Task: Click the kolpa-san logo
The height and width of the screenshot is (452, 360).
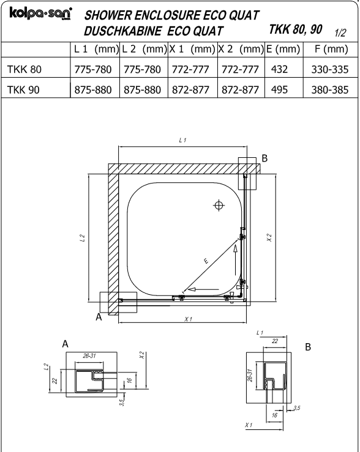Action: (x=40, y=13)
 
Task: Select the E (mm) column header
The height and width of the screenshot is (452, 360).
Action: (x=283, y=49)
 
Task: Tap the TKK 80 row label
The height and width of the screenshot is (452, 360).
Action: (x=24, y=69)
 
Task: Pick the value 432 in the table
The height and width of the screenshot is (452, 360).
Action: (x=279, y=69)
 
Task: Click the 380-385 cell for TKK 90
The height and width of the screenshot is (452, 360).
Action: (x=330, y=90)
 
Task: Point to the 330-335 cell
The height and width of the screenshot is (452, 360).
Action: (x=330, y=70)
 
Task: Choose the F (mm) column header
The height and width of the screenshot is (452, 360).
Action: (x=331, y=49)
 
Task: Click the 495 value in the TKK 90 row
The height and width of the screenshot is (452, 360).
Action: (x=279, y=90)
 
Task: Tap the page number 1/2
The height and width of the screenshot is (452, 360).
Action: (x=340, y=33)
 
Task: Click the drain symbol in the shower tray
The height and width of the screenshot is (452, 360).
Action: (x=219, y=206)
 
